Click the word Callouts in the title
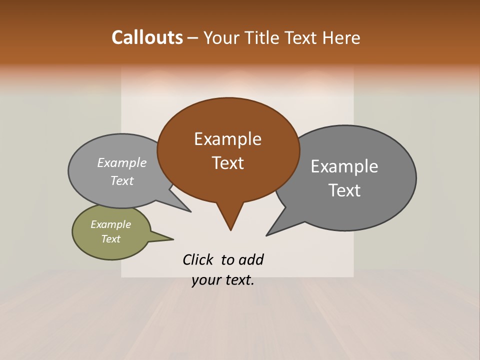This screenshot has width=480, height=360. pos(147,37)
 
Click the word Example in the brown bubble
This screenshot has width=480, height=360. pos(227,139)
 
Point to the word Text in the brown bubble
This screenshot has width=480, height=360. pos(228,163)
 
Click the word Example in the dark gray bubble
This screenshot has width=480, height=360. pos(344,166)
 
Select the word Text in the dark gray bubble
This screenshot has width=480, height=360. pos(344,190)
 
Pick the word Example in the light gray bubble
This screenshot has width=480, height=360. pos(122,162)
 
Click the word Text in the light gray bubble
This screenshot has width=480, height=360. pos(122,180)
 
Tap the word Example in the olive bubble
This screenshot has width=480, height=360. pos(111,224)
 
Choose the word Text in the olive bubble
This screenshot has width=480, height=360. pos(111,239)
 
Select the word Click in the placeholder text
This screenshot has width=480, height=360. pos(197,259)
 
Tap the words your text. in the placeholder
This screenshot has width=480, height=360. pos(223,280)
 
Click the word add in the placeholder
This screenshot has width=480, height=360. pos(251,259)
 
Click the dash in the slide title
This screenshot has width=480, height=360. pos(193,37)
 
